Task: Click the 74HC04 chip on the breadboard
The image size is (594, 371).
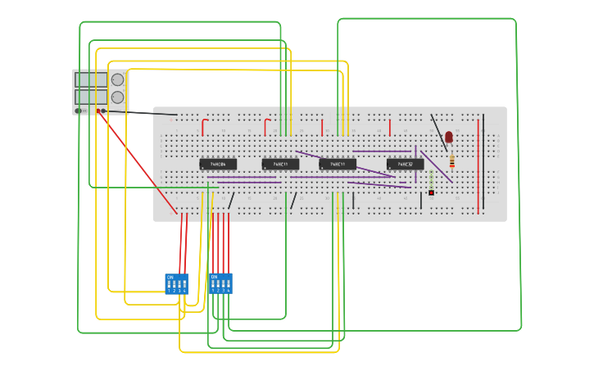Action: [x=218, y=164]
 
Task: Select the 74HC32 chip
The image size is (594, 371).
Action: [x=405, y=164]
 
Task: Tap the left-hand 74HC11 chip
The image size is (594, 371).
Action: [x=280, y=164]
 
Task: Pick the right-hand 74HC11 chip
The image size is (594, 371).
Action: [x=338, y=164]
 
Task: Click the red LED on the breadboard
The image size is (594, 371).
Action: [x=449, y=137]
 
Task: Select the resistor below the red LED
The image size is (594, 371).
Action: [x=451, y=162]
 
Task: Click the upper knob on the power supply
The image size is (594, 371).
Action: [x=117, y=79]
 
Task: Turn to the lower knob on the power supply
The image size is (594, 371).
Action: [x=117, y=97]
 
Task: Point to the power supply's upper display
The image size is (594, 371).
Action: [x=91, y=79]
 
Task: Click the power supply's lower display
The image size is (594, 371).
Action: [x=91, y=97]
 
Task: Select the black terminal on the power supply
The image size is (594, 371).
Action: [x=104, y=111]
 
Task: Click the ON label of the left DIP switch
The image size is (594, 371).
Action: [x=170, y=278]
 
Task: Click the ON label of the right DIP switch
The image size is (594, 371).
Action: [x=215, y=278]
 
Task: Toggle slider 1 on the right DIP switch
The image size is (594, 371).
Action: [x=213, y=285]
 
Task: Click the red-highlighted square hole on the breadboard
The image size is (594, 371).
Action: [x=431, y=193]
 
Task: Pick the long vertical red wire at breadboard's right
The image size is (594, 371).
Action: [x=478, y=164]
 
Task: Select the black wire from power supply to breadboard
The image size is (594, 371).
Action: [x=139, y=112]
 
